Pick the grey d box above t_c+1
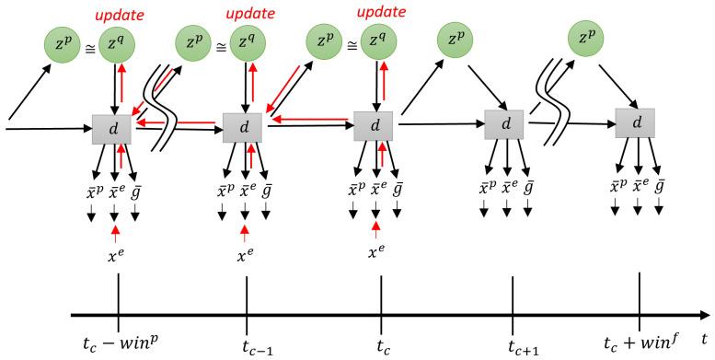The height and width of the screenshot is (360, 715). pyautogui.click(x=504, y=124)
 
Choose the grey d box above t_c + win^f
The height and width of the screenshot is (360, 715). pyautogui.click(x=635, y=124)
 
